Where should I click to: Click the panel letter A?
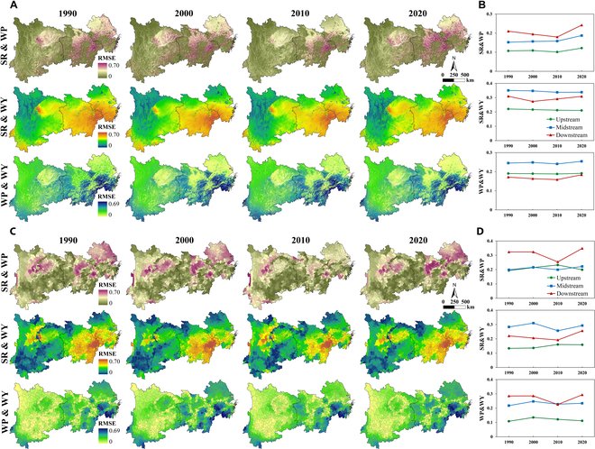[x=8, y=7]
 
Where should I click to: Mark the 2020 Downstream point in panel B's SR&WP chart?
[x=581, y=25]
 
